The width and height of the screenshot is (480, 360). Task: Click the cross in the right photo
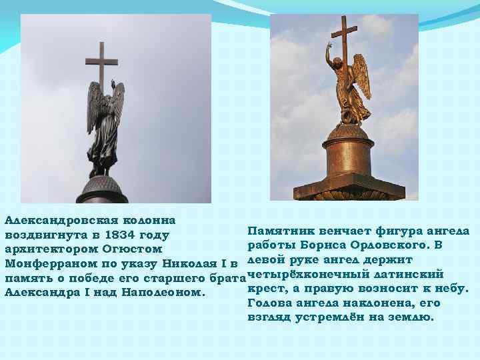(x=344, y=40)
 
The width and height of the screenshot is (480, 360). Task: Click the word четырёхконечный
(x=306, y=274)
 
